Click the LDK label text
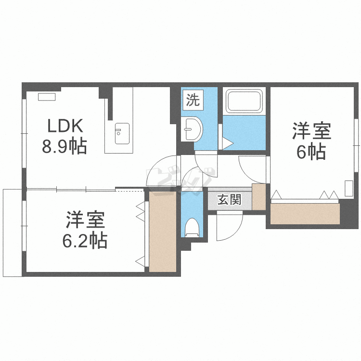click(65, 126)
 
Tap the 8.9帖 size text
click(64, 146)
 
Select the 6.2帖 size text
click(85, 240)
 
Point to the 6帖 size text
click(311, 152)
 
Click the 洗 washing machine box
click(193, 100)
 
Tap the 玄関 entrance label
click(230, 199)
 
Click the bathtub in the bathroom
click(244, 101)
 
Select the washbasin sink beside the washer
click(192, 129)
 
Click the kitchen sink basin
click(122, 133)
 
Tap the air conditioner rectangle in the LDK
click(47, 97)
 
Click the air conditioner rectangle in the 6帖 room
click(348, 188)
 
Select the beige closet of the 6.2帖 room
click(163, 232)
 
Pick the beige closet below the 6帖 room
click(305, 214)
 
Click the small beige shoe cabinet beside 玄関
click(259, 197)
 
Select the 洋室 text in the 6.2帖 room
click(85, 220)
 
